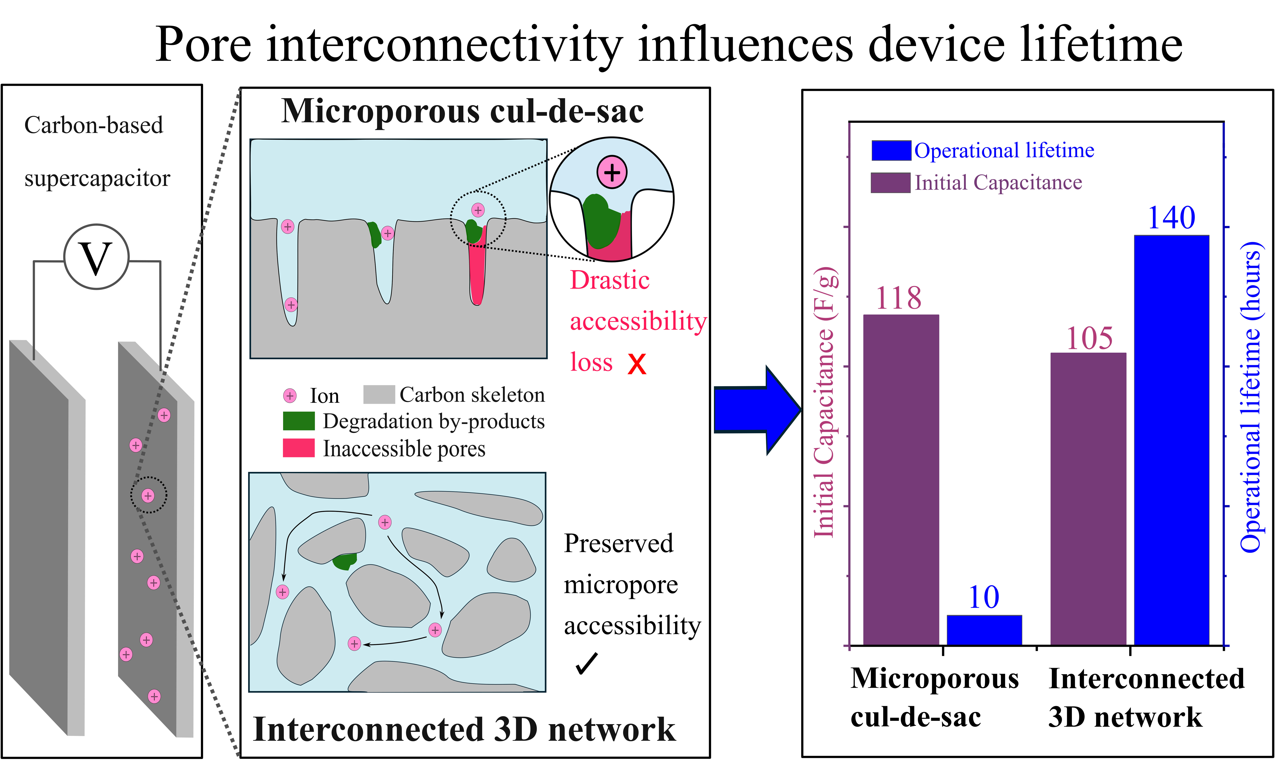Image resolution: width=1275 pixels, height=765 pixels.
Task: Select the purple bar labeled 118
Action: (901, 479)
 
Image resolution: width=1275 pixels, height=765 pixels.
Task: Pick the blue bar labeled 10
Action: (984, 630)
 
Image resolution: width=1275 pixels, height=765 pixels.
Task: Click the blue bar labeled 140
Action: (1171, 440)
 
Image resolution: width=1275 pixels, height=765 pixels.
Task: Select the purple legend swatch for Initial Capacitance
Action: (891, 182)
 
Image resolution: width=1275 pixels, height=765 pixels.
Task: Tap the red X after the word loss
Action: (637, 364)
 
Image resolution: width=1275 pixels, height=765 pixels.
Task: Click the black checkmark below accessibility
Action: (587, 663)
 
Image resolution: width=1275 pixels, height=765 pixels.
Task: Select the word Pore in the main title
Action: (204, 45)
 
